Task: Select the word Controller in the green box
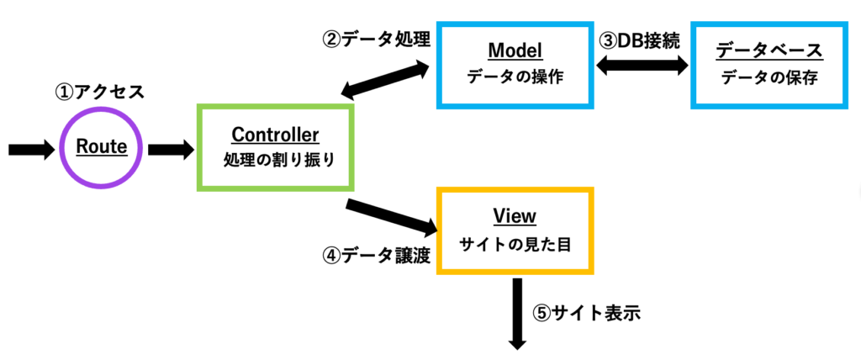coord(275,134)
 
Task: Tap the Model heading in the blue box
coord(515,51)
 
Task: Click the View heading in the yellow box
coord(515,216)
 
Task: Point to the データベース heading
coord(769,51)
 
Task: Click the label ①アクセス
coord(100,91)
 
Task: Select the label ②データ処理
coord(376,40)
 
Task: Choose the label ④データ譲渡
coord(376,256)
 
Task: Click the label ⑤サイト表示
coord(587,314)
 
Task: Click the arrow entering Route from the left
coord(33,148)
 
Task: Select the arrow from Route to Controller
coord(171,148)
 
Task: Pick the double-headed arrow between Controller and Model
coord(387,80)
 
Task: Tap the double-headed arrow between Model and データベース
coord(643,66)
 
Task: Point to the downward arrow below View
coord(517,314)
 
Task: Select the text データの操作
coord(515,78)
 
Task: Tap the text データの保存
coord(769,78)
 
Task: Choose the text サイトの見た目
coord(515,244)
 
